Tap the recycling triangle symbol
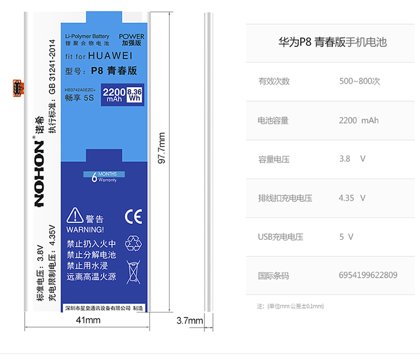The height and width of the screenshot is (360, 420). tap(134, 242)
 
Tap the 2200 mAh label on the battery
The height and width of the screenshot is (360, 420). tap(114, 95)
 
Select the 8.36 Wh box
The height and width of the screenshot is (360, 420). tap(134, 95)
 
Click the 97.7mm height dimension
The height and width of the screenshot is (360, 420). tap(162, 148)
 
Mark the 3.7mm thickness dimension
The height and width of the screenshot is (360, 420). tap(189, 321)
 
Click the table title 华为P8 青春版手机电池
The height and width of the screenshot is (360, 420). tap(332, 42)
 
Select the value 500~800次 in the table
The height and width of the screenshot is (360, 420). tap(360, 81)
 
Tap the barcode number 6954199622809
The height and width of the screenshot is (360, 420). tap(368, 275)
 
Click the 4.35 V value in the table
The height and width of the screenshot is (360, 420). tap(352, 198)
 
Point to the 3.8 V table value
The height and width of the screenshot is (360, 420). tap(352, 159)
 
